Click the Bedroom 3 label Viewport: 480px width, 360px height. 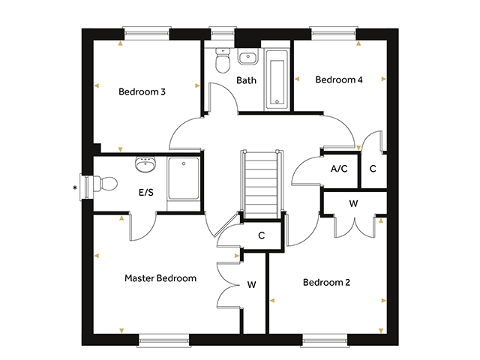[142, 91]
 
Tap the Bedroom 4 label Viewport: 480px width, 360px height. [339, 79]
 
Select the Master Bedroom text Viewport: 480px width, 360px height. [160, 278]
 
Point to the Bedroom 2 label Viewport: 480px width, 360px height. [326, 282]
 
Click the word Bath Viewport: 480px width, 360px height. [247, 80]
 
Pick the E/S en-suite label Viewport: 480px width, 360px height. [146, 192]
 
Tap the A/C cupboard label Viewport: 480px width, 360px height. [339, 168]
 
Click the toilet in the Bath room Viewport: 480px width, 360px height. [223, 60]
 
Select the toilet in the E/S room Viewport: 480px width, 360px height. [105, 183]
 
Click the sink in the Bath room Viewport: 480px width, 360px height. [248, 57]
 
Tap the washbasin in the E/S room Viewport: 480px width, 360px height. [145, 165]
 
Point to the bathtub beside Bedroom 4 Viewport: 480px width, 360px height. [277, 80]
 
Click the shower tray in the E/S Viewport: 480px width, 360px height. [184, 178]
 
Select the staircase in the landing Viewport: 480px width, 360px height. [262, 184]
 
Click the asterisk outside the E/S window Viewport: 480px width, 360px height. [75, 187]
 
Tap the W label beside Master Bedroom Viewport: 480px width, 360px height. [252, 285]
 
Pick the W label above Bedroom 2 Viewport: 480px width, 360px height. [353, 203]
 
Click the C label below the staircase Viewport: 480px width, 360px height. [262, 235]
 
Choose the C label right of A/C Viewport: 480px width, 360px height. [373, 168]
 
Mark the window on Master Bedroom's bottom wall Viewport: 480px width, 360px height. [163, 340]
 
